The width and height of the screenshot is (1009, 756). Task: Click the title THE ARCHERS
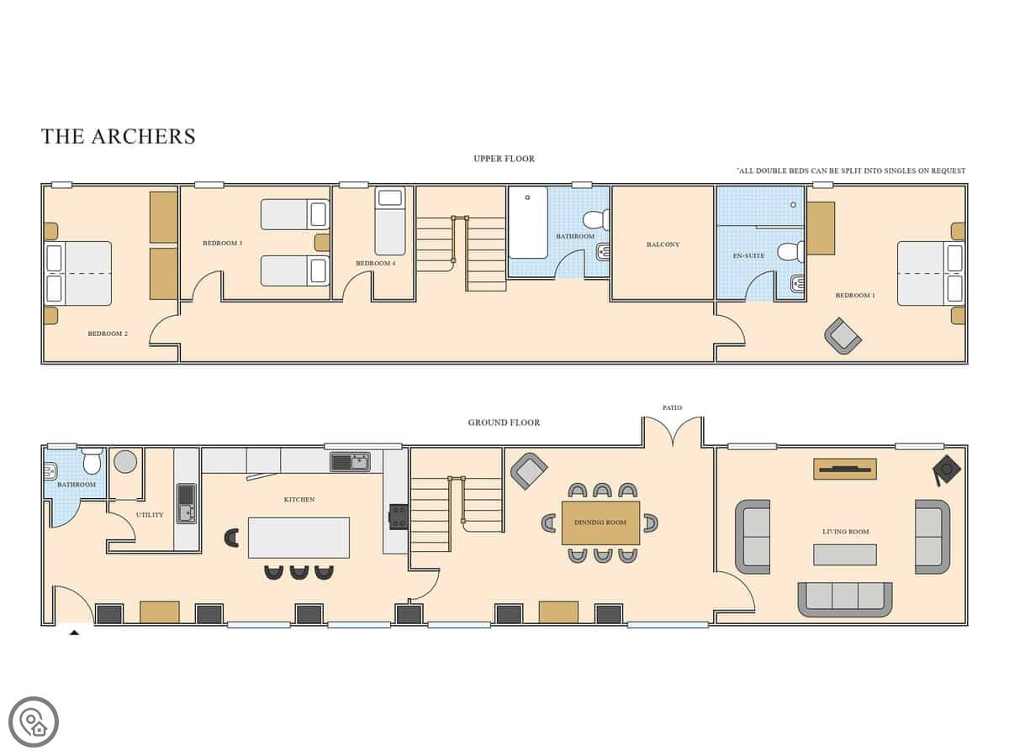(119, 136)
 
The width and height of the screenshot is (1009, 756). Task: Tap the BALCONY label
(663, 244)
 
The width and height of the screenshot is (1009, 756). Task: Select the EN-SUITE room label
(748, 255)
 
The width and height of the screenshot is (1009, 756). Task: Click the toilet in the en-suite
(790, 252)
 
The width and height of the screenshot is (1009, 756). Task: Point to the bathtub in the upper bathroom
(528, 223)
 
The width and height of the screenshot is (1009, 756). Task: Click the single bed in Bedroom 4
(390, 221)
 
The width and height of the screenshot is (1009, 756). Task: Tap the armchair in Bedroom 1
(843, 335)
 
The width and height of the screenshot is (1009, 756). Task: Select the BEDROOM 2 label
(108, 333)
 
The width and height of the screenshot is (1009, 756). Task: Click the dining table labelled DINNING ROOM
(600, 522)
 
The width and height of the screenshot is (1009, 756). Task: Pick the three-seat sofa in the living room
(845, 600)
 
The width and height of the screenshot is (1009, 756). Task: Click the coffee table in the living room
(845, 554)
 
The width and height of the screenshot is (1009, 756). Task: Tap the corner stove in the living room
(947, 470)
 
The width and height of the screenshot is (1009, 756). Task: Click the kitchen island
(298, 538)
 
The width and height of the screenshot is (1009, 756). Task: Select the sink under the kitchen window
(351, 462)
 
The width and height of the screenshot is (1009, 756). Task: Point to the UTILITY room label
(150, 515)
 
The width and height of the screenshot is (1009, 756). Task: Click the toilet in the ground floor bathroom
(92, 461)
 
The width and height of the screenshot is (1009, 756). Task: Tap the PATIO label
(672, 407)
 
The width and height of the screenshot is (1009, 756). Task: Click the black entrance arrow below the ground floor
(75, 633)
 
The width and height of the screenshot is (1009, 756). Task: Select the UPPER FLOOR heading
(504, 159)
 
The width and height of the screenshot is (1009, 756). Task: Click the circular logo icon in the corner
(34, 722)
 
